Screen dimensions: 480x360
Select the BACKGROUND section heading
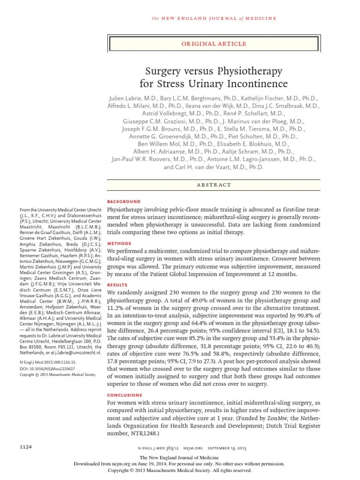(x=124, y=201)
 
